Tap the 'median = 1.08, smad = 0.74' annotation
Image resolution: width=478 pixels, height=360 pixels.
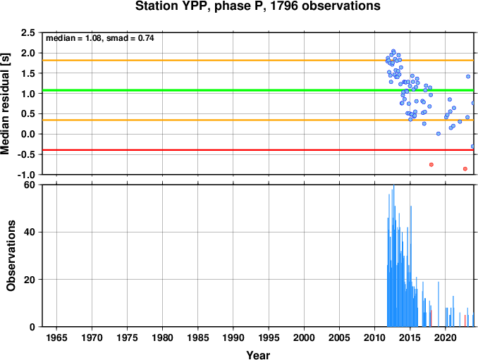tap(99, 38)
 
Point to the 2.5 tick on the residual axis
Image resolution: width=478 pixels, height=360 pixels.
tap(27, 32)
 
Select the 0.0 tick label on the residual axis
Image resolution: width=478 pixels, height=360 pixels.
tap(27, 134)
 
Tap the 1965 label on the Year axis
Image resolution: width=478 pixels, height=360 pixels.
tap(56, 337)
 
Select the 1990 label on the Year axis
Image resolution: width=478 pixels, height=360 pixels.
tap(233, 337)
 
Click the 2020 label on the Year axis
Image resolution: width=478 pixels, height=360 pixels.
tap(446, 337)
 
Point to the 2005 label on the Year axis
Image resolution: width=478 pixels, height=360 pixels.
tap(339, 337)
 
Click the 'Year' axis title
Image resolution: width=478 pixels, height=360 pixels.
tap(258, 355)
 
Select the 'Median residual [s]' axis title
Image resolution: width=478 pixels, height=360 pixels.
tap(5, 104)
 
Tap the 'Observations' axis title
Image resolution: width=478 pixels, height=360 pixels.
tap(11, 256)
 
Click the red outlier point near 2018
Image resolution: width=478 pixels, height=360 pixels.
tap(431, 165)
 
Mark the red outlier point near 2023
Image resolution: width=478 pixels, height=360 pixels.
tap(465, 169)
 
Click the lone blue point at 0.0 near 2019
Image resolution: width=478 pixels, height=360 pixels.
tap(439, 134)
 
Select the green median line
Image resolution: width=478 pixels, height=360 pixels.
tap(258, 90)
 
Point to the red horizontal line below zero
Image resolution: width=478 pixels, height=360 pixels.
tap(258, 150)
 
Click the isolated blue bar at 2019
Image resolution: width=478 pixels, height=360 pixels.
tap(439, 304)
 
